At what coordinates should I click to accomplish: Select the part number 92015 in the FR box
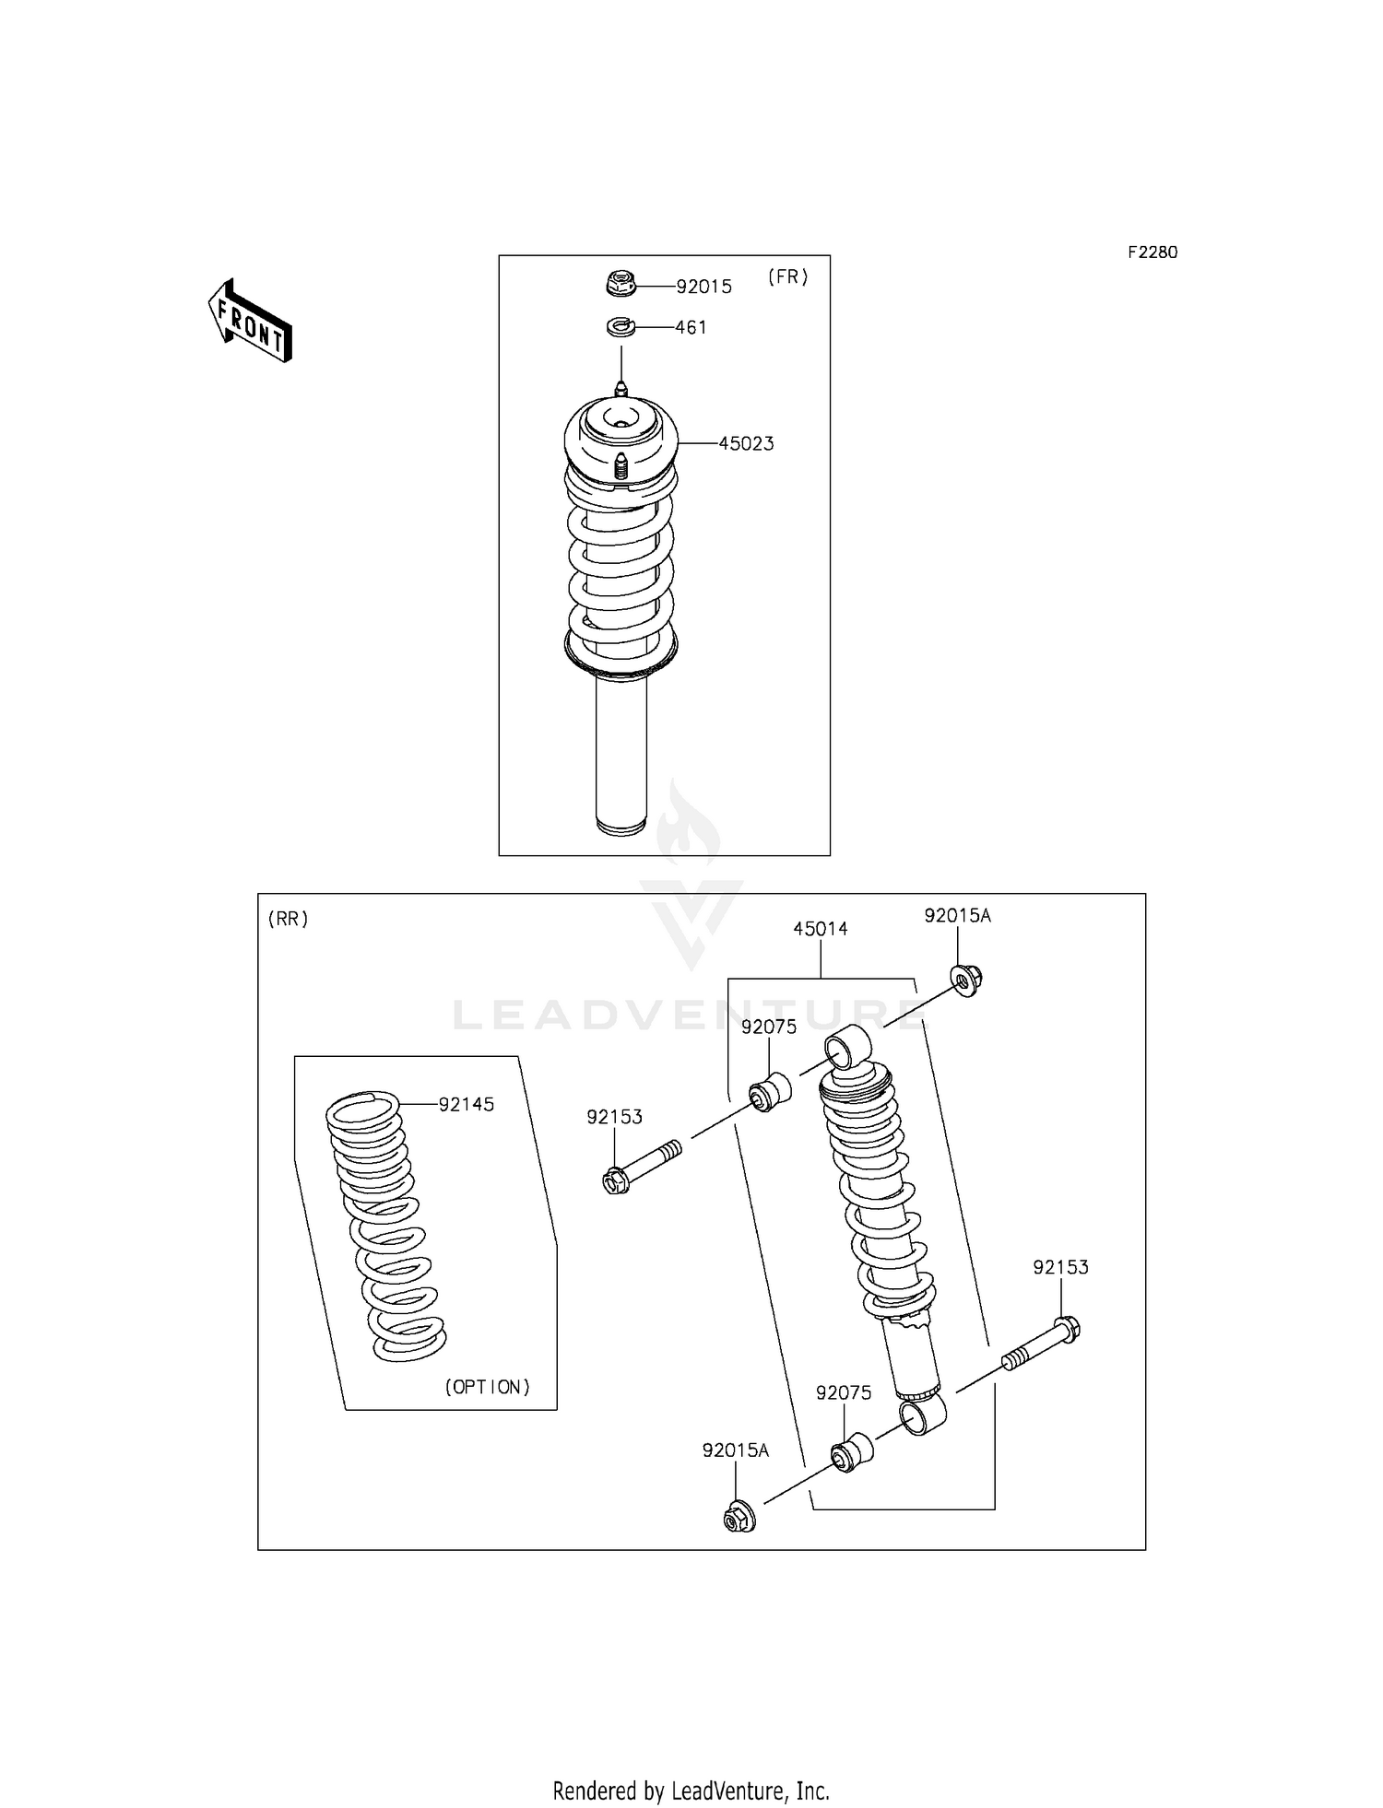point(703,287)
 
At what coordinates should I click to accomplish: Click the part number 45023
point(746,443)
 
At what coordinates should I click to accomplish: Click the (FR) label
point(787,276)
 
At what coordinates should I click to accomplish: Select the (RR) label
point(289,919)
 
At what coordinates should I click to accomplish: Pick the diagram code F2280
point(1152,252)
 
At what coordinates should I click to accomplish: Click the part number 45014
point(820,929)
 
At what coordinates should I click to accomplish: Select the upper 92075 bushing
point(770,1091)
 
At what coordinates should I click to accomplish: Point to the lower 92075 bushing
point(851,1452)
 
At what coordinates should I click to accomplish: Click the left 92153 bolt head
point(617,1180)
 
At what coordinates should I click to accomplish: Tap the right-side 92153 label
point(1060,1267)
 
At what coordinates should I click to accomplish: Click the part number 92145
point(467,1104)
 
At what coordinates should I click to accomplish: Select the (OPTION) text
point(488,1387)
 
